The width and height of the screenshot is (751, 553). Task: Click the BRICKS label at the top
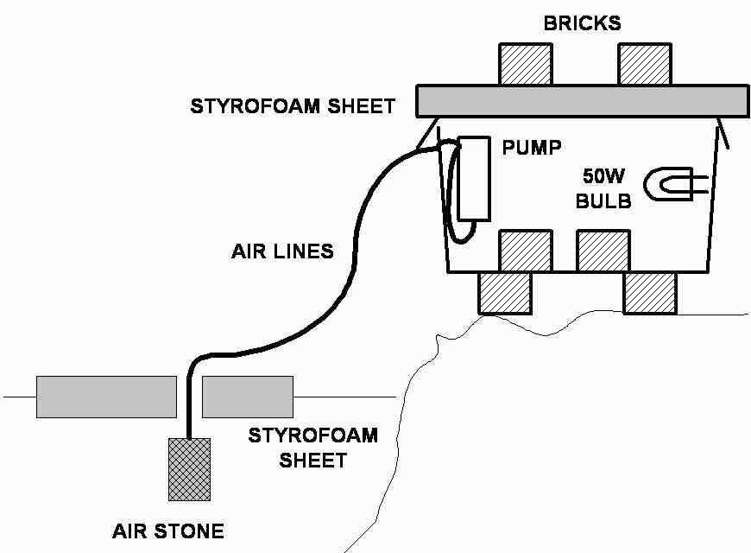click(581, 23)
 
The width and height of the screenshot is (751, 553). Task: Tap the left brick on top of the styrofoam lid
click(526, 63)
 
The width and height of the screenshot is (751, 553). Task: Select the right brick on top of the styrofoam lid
click(644, 63)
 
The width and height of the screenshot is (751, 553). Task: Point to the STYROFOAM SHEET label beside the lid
click(293, 107)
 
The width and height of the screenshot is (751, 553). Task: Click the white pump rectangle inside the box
click(474, 179)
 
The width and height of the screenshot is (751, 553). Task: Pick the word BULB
click(604, 201)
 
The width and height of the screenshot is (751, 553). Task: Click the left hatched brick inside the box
click(526, 251)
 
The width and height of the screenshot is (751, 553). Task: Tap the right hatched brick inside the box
click(603, 251)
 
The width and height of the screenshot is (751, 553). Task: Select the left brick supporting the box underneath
click(504, 292)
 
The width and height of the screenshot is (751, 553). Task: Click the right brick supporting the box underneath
click(650, 292)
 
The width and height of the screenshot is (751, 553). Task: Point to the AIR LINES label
click(282, 252)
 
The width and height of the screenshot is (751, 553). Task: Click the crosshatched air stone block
click(188, 468)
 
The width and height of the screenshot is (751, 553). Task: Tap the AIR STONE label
click(167, 531)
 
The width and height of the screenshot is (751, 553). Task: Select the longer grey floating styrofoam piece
click(106, 397)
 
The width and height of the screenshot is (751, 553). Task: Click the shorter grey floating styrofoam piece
click(248, 397)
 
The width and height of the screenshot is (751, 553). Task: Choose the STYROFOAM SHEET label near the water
click(312, 447)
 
